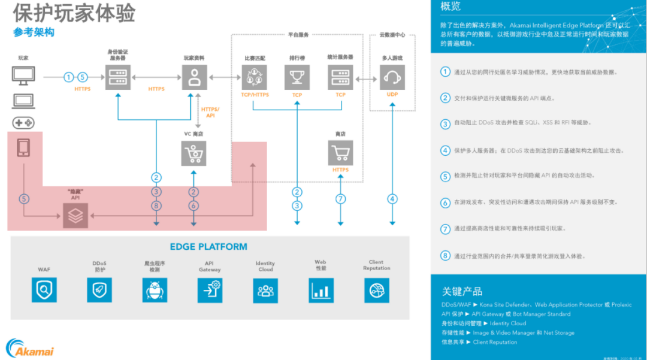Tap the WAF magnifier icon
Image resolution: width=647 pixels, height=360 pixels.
[x=44, y=291]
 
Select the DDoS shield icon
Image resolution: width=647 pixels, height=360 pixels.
[x=99, y=291]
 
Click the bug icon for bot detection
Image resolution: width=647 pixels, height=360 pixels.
[x=155, y=291]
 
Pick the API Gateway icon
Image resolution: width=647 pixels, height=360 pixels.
[x=210, y=291]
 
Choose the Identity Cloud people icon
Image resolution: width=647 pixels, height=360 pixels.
[x=265, y=291]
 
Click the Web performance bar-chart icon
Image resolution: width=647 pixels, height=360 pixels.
[x=321, y=291]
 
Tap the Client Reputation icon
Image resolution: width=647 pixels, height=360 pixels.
[x=376, y=291]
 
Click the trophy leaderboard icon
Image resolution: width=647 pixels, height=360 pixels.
[x=297, y=77]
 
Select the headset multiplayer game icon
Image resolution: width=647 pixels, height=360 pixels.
[x=392, y=77]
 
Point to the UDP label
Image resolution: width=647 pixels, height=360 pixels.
[x=392, y=95]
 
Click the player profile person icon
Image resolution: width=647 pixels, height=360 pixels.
[x=194, y=77]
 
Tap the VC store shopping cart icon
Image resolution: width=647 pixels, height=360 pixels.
[x=194, y=153]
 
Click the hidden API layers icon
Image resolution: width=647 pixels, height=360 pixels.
[x=75, y=216]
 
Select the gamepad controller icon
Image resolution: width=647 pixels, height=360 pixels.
[x=23, y=123]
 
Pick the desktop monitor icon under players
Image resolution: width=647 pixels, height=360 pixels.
[x=23, y=75]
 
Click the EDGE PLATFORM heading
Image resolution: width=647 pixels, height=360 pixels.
[x=208, y=247]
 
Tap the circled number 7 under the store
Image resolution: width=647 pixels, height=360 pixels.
[x=340, y=199]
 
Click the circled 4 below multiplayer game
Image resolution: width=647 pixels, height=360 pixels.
[x=392, y=199]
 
